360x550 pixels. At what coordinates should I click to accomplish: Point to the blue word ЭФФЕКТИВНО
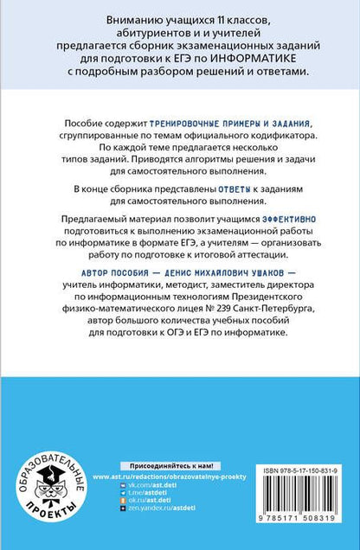280,222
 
